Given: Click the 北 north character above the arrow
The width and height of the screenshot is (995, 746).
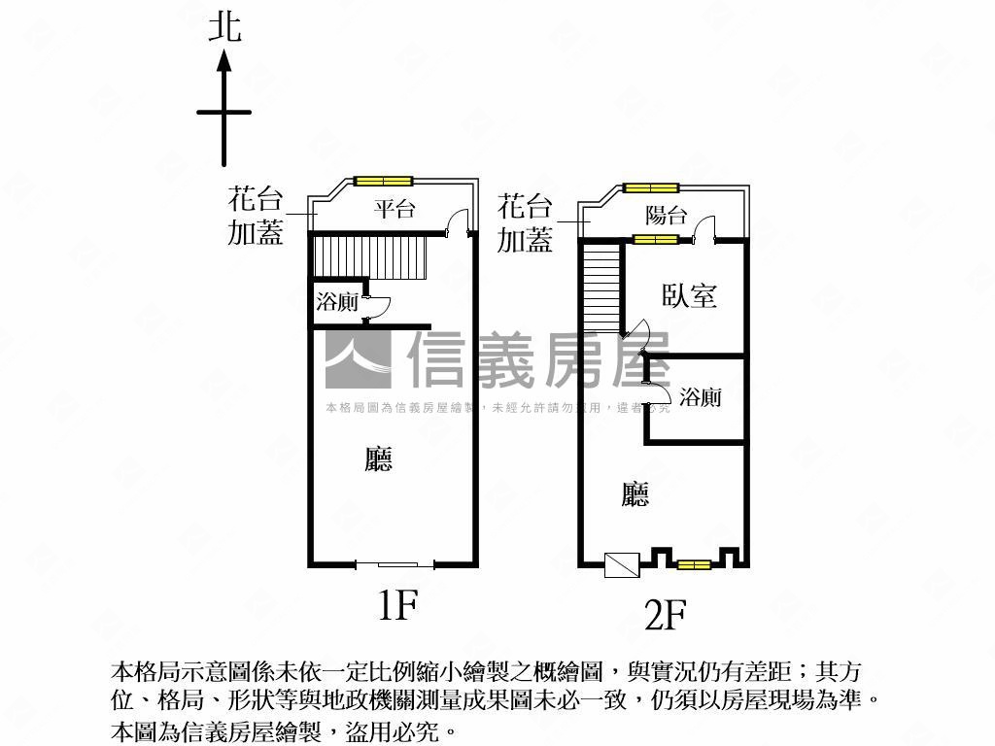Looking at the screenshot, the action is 224,28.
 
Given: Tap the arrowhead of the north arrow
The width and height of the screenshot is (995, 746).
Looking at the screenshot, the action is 224,61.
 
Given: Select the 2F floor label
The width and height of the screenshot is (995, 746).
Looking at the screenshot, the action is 666,615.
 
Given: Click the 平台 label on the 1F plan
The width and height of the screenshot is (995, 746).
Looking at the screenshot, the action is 395,208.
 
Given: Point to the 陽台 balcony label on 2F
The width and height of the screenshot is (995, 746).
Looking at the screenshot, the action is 667,216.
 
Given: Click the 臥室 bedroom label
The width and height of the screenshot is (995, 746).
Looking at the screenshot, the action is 690,295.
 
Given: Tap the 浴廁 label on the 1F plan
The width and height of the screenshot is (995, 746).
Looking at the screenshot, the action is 337,302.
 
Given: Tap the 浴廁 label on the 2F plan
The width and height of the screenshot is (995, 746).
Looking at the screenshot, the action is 701,397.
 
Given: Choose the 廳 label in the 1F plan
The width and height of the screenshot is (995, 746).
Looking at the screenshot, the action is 379,459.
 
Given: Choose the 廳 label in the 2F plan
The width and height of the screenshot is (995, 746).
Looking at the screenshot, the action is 635,494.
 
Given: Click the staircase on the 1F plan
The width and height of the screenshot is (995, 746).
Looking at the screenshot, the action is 370,256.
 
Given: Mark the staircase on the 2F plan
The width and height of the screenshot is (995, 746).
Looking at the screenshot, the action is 601,287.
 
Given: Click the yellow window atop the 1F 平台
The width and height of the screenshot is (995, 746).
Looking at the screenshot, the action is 383,181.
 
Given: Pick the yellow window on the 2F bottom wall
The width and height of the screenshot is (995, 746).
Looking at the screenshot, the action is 693,564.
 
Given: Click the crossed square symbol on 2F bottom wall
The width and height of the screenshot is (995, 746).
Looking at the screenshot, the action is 622,565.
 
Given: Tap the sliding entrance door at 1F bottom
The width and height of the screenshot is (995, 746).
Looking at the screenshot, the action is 395,564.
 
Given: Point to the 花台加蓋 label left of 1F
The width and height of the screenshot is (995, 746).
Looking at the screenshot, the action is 256,217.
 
